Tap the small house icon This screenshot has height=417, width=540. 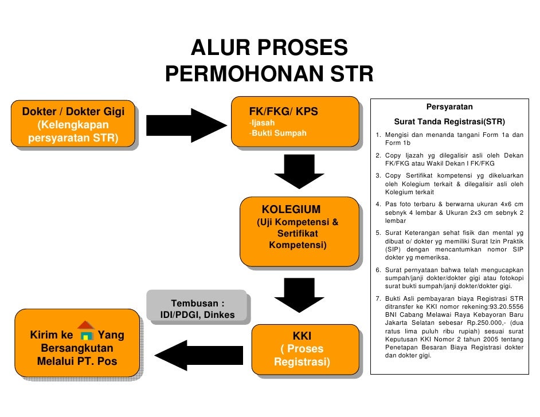(86, 331)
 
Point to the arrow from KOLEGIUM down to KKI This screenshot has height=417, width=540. (295, 293)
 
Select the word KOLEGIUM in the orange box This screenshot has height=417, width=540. (291, 209)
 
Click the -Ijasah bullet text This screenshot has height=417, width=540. (261, 123)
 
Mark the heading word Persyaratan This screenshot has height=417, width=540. (449, 107)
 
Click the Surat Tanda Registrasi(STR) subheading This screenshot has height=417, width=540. (449, 122)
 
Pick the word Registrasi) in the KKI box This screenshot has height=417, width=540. (302, 363)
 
